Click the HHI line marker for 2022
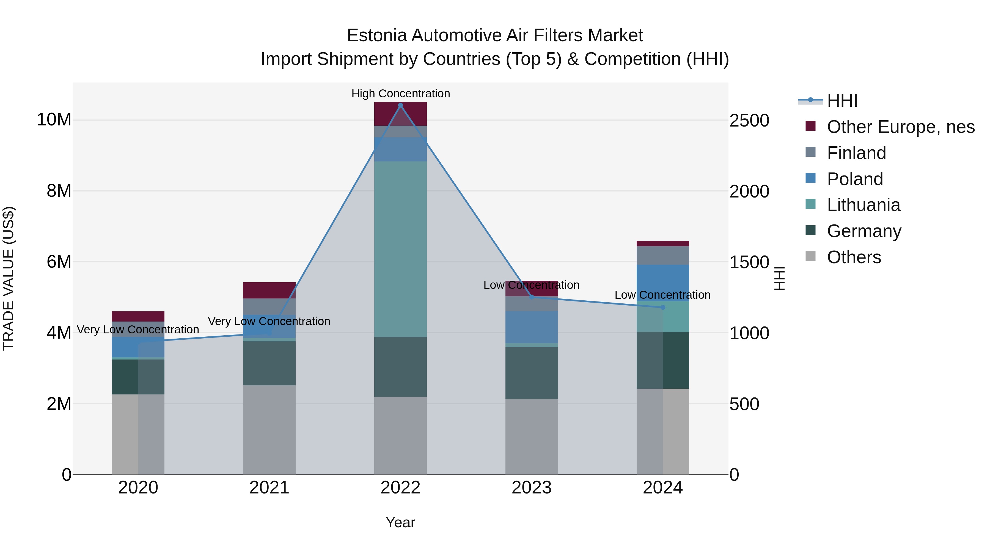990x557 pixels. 400,105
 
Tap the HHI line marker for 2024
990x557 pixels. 662,307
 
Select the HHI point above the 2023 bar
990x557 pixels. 532,297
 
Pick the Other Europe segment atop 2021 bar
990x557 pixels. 269,290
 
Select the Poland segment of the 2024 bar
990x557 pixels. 662,282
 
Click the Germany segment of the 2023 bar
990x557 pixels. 532,373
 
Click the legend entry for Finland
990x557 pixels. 856,153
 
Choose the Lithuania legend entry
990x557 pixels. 863,205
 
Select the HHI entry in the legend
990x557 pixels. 842,101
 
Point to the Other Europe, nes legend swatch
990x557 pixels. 810,126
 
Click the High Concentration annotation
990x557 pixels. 400,94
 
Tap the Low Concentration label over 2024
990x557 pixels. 662,295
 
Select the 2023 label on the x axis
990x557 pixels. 532,488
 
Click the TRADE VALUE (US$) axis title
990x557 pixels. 9,278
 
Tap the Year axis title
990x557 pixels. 400,522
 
